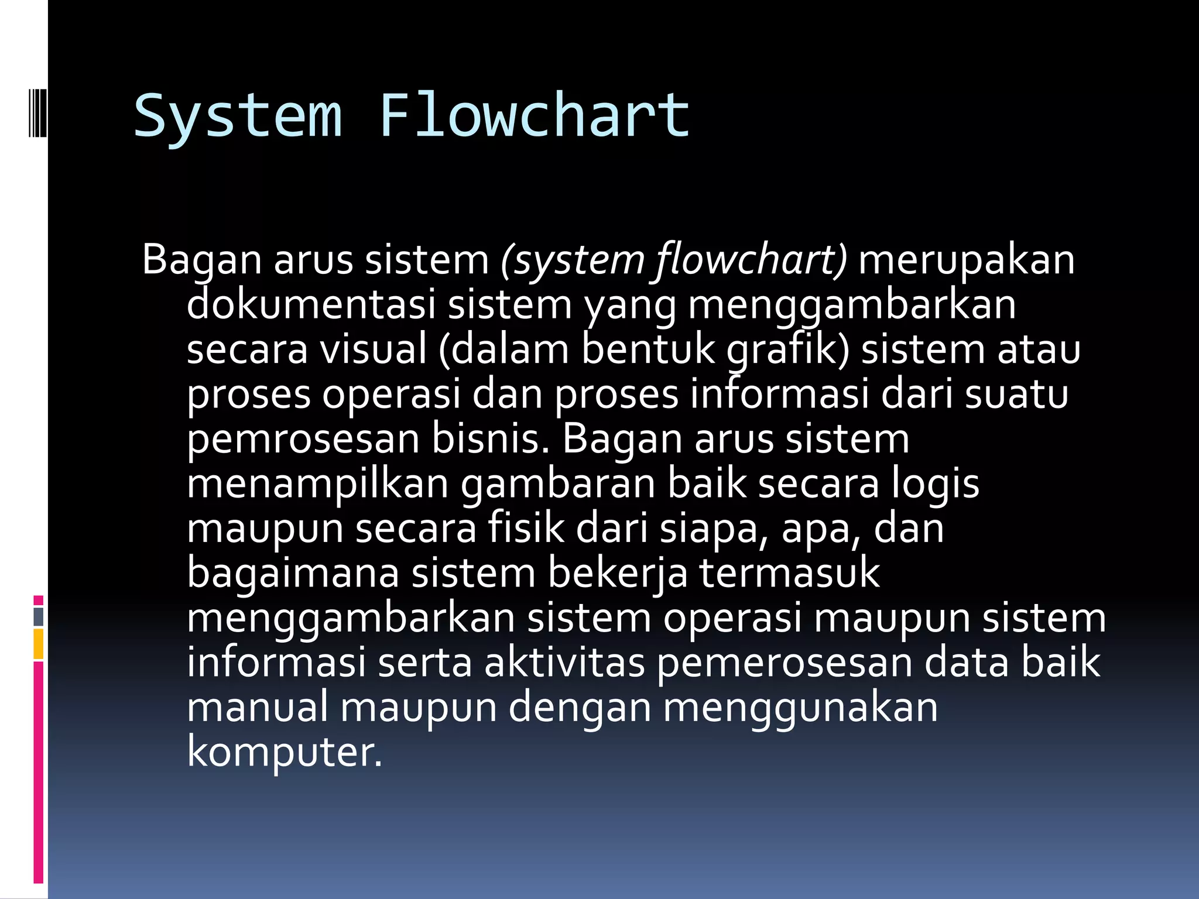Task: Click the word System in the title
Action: (x=238, y=116)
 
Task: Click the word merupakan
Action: (x=967, y=261)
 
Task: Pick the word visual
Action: (x=374, y=350)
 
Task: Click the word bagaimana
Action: (x=293, y=574)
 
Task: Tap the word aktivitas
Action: (x=564, y=663)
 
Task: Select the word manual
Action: (x=258, y=708)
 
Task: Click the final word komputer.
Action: (x=285, y=753)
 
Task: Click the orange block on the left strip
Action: (x=39, y=644)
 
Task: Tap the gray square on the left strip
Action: (x=39, y=617)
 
